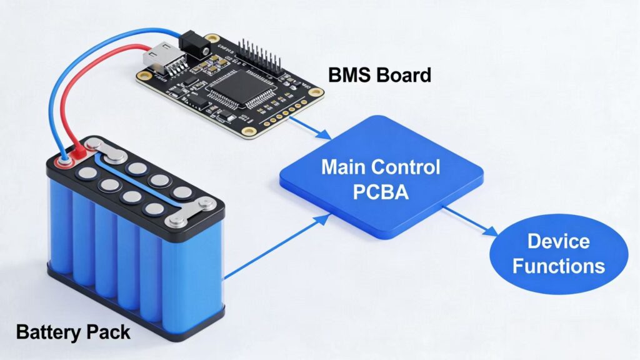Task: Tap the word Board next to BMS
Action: click(x=404, y=76)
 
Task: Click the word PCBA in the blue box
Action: click(x=381, y=191)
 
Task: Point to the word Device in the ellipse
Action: click(x=558, y=241)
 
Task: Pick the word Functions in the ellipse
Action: click(x=558, y=266)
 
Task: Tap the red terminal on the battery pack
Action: click(x=79, y=152)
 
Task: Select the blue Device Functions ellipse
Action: click(x=558, y=253)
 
